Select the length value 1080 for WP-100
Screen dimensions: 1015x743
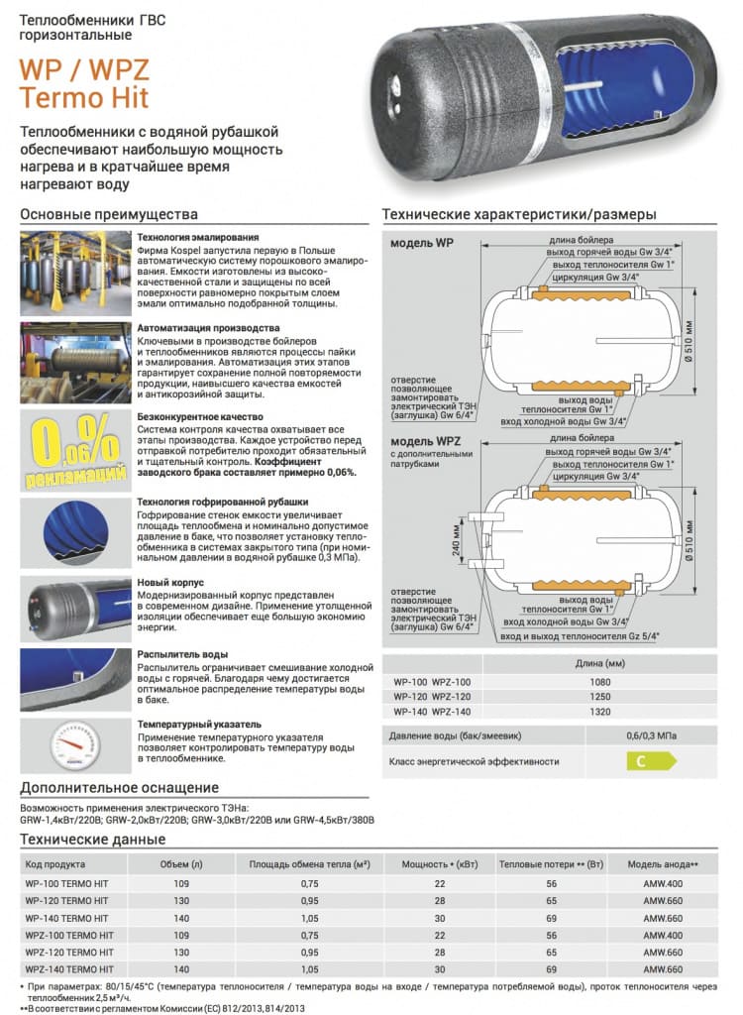(x=599, y=682)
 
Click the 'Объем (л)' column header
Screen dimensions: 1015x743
(x=182, y=864)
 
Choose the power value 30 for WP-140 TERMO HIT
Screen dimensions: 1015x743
(x=440, y=917)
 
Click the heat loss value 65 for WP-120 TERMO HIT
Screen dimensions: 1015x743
(x=552, y=900)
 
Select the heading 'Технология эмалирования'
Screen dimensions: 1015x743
(x=198, y=238)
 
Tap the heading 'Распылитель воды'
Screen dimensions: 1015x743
(x=182, y=654)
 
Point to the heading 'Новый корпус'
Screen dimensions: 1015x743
(x=171, y=581)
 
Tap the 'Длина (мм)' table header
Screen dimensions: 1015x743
(x=597, y=663)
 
